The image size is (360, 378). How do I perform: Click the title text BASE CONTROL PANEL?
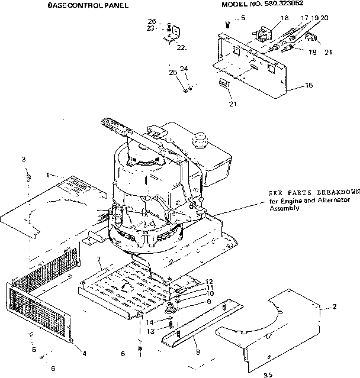[88, 5]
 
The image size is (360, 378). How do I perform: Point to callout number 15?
[308, 86]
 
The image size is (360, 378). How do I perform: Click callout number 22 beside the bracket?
[181, 47]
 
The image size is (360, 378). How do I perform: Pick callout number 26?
[152, 22]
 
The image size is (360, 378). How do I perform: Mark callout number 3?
[23, 160]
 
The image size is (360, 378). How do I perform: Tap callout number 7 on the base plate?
[99, 260]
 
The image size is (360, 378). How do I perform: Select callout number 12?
[208, 282]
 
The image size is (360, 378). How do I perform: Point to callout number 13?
[150, 331]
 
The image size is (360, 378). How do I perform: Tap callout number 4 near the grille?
[84, 353]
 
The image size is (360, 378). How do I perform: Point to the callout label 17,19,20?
[314, 19]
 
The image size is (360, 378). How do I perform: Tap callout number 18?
[312, 52]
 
